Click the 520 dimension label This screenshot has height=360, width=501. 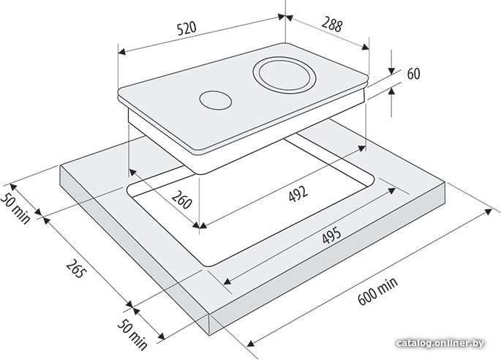[187, 29]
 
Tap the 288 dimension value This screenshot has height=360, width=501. [331, 25]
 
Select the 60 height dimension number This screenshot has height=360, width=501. [413, 74]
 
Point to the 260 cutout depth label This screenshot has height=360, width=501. [182, 199]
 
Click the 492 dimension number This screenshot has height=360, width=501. [298, 193]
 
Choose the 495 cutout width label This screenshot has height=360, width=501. [331, 235]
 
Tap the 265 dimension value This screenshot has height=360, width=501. [76, 269]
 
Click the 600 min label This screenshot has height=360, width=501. [377, 291]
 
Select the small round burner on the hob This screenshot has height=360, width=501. [215, 100]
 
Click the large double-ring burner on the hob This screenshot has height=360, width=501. [285, 75]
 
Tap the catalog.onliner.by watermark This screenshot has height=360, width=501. [440, 343]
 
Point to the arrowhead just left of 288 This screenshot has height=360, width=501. [289, 18]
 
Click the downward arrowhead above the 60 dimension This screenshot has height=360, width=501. [391, 71]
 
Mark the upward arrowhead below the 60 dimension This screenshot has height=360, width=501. [391, 91]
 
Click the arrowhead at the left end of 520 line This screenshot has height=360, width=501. [121, 52]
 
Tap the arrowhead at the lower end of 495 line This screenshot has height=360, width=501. [227, 282]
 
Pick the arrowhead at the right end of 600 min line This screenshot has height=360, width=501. [489, 211]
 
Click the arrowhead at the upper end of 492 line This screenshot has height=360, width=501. [362, 148]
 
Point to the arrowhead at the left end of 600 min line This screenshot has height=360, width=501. [251, 344]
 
